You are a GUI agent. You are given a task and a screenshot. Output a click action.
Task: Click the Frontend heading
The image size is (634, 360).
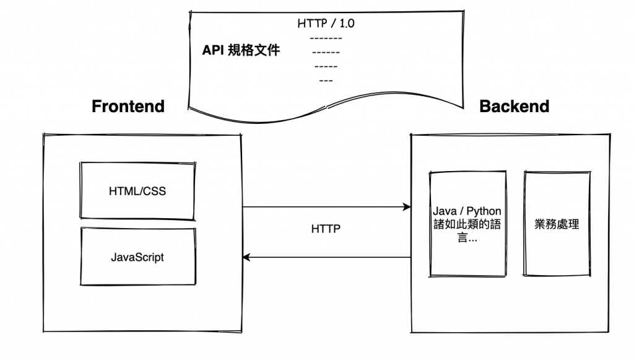pyautogui.click(x=128, y=106)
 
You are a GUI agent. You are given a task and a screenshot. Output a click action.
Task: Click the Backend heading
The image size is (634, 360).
pyautogui.click(x=514, y=106)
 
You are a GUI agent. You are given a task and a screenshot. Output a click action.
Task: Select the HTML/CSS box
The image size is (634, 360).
pyautogui.click(x=137, y=191)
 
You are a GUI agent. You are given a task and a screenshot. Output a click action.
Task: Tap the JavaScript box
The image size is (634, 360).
pyautogui.click(x=137, y=257)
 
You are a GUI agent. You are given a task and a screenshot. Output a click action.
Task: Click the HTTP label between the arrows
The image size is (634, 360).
pyautogui.click(x=326, y=229)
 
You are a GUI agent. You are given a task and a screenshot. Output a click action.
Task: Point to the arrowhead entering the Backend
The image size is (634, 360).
pyautogui.click(x=407, y=207)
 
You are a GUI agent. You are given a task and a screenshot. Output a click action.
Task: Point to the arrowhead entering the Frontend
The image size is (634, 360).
pyautogui.click(x=246, y=257)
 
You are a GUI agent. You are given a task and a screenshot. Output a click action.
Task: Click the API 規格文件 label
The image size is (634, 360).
pyautogui.click(x=241, y=50)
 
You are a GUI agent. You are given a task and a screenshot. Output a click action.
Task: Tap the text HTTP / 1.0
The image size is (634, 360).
pyautogui.click(x=327, y=24)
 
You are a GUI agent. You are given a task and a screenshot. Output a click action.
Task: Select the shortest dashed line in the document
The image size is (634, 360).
pyautogui.click(x=326, y=81)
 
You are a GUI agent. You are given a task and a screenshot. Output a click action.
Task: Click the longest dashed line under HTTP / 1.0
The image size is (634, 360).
pyautogui.click(x=326, y=38)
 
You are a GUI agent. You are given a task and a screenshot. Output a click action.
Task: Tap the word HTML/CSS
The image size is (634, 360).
pyautogui.click(x=137, y=191)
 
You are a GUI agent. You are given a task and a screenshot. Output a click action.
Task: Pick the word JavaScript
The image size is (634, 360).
pyautogui.click(x=137, y=257)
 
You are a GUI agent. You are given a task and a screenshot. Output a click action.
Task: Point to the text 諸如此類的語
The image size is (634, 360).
pyautogui.click(x=467, y=225)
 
